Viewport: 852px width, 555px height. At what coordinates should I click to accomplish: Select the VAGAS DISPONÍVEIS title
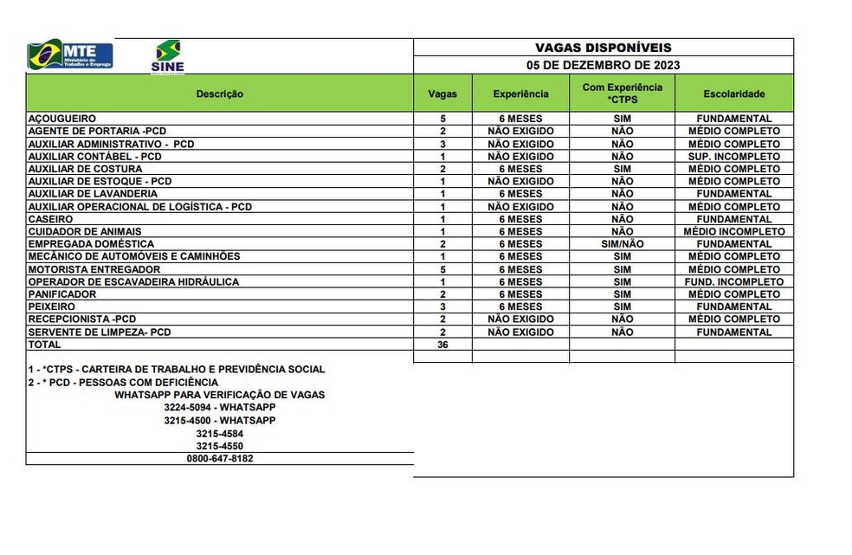[603, 48]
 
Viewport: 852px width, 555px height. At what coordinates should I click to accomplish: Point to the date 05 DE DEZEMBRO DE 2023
[603, 65]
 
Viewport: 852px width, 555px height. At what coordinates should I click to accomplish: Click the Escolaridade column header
[733, 94]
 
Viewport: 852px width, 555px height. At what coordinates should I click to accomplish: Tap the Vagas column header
[442, 94]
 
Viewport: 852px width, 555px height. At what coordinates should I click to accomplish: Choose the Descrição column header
[219, 94]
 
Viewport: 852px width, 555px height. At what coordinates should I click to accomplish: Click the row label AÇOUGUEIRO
[61, 119]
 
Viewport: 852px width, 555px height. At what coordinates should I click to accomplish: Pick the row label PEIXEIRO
[52, 307]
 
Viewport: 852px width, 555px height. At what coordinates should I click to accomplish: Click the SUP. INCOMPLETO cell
[733, 157]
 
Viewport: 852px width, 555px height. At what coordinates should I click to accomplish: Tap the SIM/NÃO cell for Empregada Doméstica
[622, 244]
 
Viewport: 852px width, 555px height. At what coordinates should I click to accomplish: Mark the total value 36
[442, 345]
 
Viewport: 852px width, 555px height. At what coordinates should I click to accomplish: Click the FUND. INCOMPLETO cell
[733, 282]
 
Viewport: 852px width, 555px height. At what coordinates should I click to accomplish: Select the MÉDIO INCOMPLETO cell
[733, 232]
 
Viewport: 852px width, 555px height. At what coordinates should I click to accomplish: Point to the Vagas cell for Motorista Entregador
[442, 269]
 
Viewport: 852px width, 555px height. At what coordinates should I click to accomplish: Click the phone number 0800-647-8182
[219, 459]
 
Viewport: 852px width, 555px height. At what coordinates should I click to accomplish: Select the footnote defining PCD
[123, 382]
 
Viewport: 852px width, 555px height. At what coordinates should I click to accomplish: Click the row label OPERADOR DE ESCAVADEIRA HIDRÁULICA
[133, 282]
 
